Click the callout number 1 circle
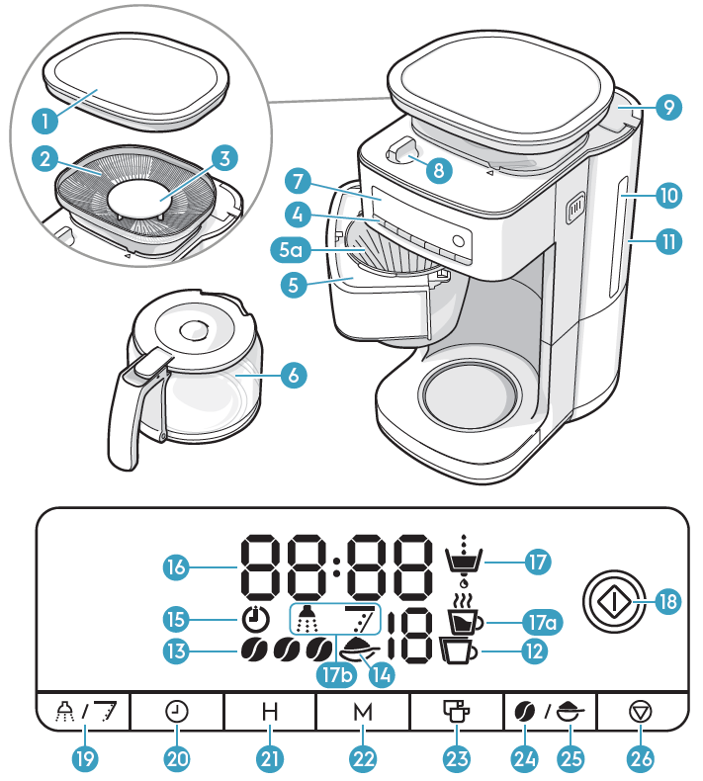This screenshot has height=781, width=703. coord(44,121)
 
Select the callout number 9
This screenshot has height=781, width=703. coord(668,107)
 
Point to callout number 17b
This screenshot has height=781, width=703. coord(337,675)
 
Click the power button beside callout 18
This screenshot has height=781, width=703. coord(614,601)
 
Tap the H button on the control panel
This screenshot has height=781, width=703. coord(270,712)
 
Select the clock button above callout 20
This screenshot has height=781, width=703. coord(177,712)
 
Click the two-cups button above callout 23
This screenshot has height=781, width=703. coord(456,711)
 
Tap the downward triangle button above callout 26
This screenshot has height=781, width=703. coord(641,712)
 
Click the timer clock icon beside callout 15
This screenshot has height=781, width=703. coord(255,619)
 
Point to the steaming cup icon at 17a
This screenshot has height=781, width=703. coord(465,614)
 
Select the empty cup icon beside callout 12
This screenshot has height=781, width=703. coord(458,651)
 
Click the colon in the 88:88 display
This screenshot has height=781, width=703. coord(337,566)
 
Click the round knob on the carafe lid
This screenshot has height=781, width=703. coord(194,330)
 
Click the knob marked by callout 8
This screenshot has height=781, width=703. coord(401,150)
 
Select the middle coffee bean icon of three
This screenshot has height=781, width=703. coord(287,650)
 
